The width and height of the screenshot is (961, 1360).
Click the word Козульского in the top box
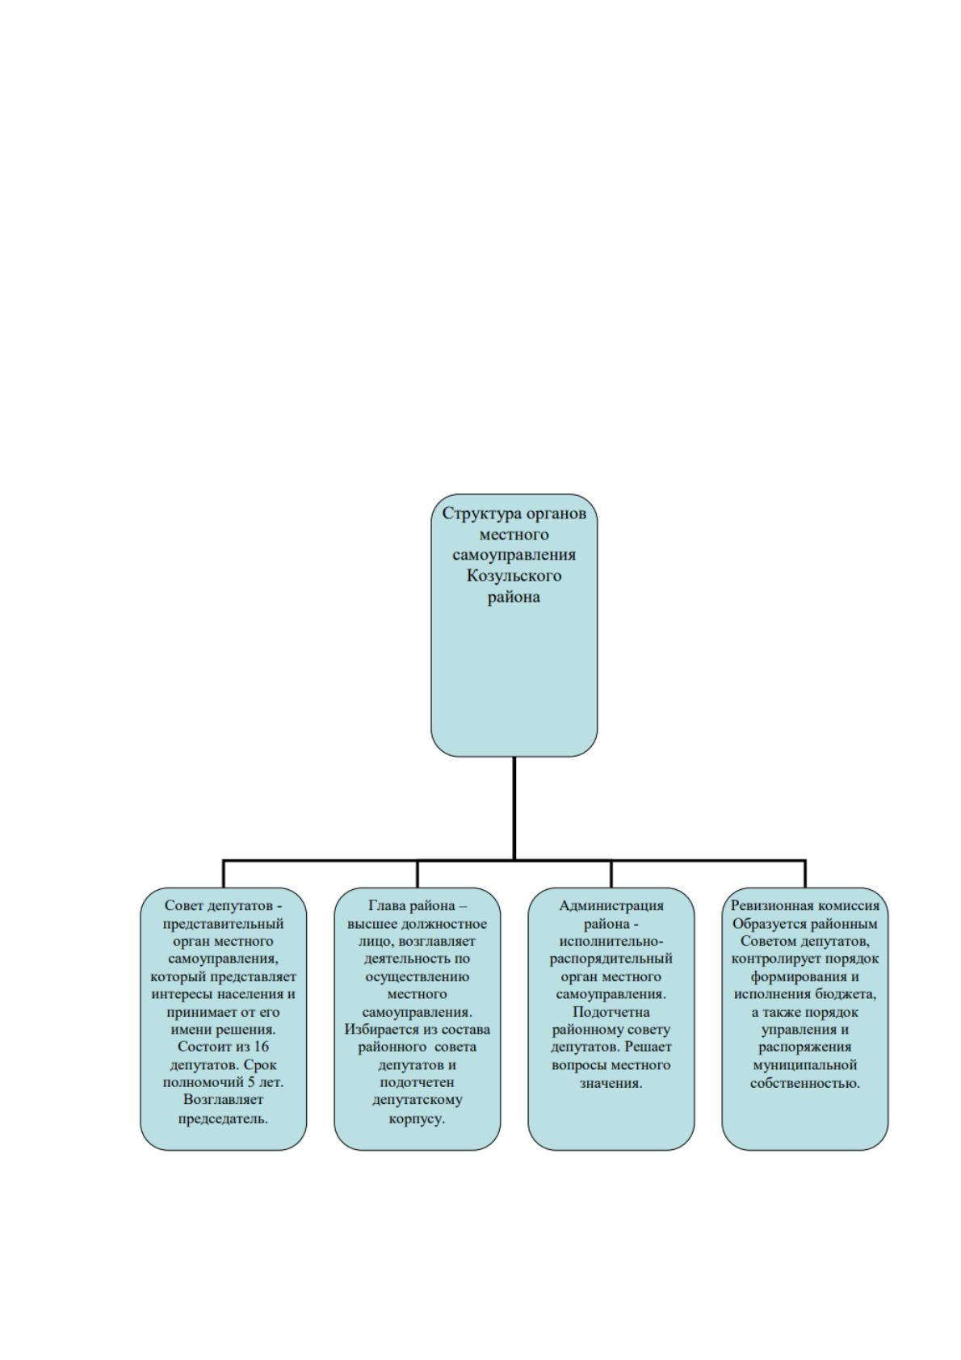513,576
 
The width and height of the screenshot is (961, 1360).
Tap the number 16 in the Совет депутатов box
260,1047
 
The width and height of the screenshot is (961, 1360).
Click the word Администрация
611,906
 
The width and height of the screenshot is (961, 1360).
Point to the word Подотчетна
611,1012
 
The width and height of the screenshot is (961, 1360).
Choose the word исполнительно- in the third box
611,941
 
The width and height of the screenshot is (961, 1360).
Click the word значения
611,1083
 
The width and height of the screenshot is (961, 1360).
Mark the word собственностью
804,1083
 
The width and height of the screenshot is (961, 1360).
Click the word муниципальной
804,1065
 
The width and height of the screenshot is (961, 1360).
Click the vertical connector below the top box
514,808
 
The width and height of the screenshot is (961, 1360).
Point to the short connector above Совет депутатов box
224,875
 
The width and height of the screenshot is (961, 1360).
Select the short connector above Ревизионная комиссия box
805,875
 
